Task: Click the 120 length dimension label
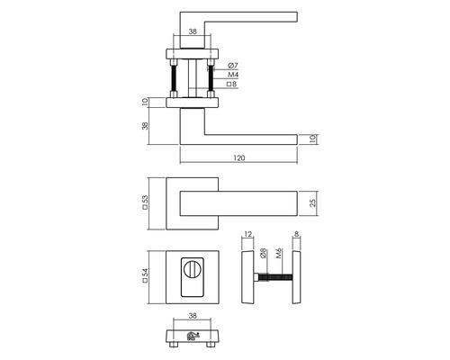[239, 158]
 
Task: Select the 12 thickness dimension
[247, 239]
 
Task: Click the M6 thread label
[280, 255]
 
